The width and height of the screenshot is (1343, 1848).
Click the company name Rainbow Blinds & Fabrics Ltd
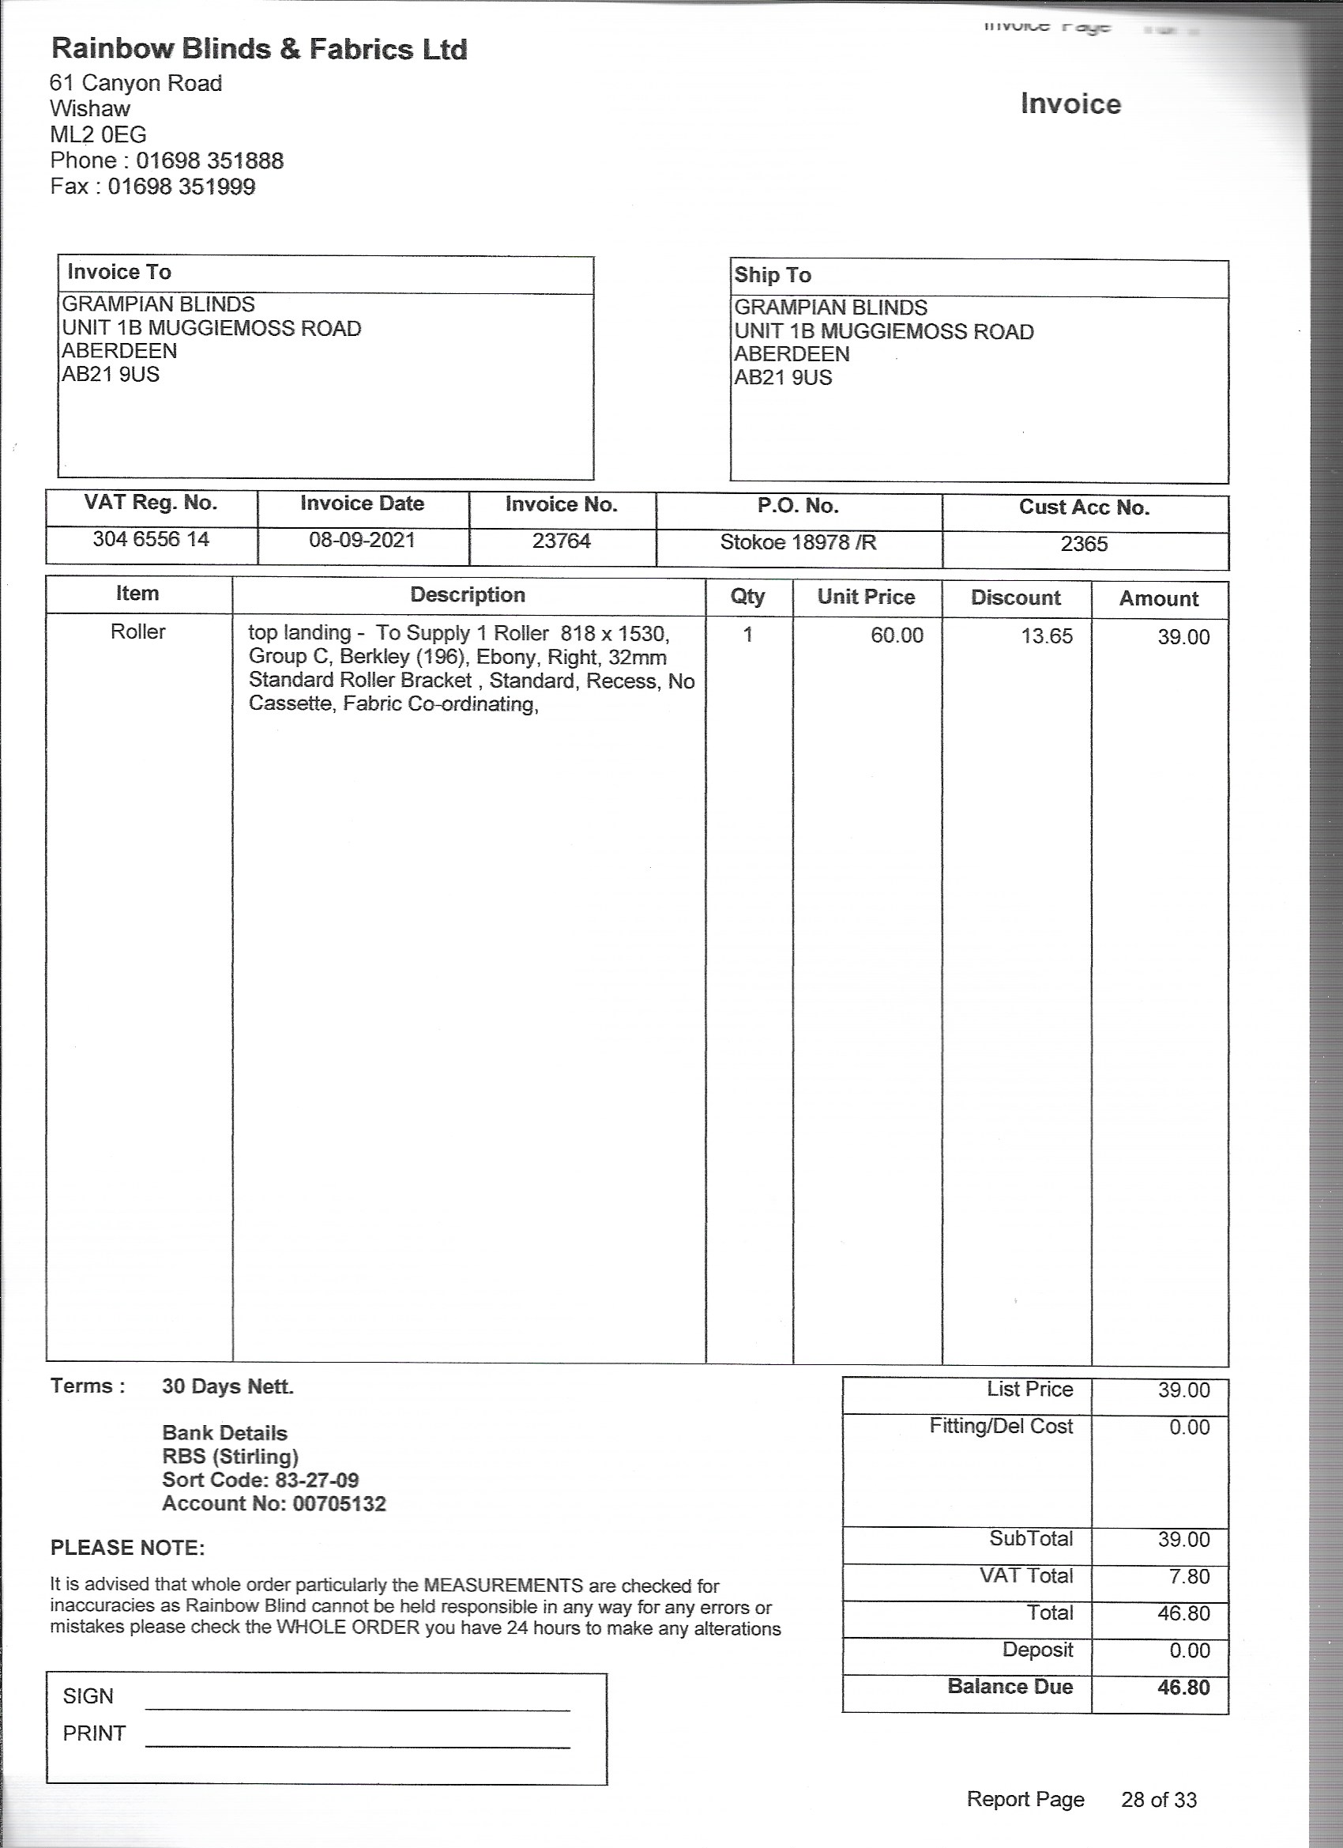coord(259,50)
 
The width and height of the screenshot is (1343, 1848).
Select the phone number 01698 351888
coord(209,160)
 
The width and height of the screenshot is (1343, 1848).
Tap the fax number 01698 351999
coord(182,187)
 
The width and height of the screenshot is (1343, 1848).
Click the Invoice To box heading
coord(119,272)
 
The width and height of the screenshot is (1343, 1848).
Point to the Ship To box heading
coord(772,275)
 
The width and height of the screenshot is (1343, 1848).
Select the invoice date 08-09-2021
coord(362,540)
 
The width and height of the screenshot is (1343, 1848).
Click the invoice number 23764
coord(561,541)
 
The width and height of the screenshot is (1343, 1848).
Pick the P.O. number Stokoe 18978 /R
coord(798,543)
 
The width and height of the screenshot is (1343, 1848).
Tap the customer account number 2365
coord(1084,545)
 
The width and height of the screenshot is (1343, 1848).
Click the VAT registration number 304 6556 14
coord(151,539)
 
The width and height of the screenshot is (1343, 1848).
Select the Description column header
coord(468,595)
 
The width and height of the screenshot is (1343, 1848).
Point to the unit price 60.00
coord(897,635)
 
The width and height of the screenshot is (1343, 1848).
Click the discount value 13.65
coord(1047,636)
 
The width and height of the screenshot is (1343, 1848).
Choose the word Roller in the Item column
coord(137,632)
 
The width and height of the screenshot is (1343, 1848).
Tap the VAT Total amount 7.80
coord(1189,1577)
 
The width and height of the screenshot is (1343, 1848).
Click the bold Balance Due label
coord(1010,1687)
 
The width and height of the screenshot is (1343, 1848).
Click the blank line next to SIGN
coord(358,1707)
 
